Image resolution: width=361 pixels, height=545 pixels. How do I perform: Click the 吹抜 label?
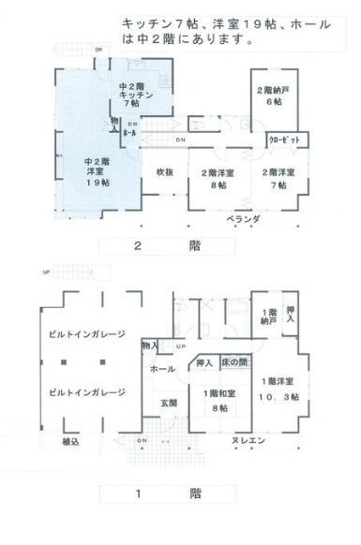pos(165,171)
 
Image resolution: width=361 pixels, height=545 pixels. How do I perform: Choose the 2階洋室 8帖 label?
pos(219,178)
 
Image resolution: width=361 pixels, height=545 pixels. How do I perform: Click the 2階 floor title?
pos(168,246)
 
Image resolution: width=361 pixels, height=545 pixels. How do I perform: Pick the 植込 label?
pos(70,441)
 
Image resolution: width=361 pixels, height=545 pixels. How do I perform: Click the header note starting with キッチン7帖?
pos(225,30)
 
